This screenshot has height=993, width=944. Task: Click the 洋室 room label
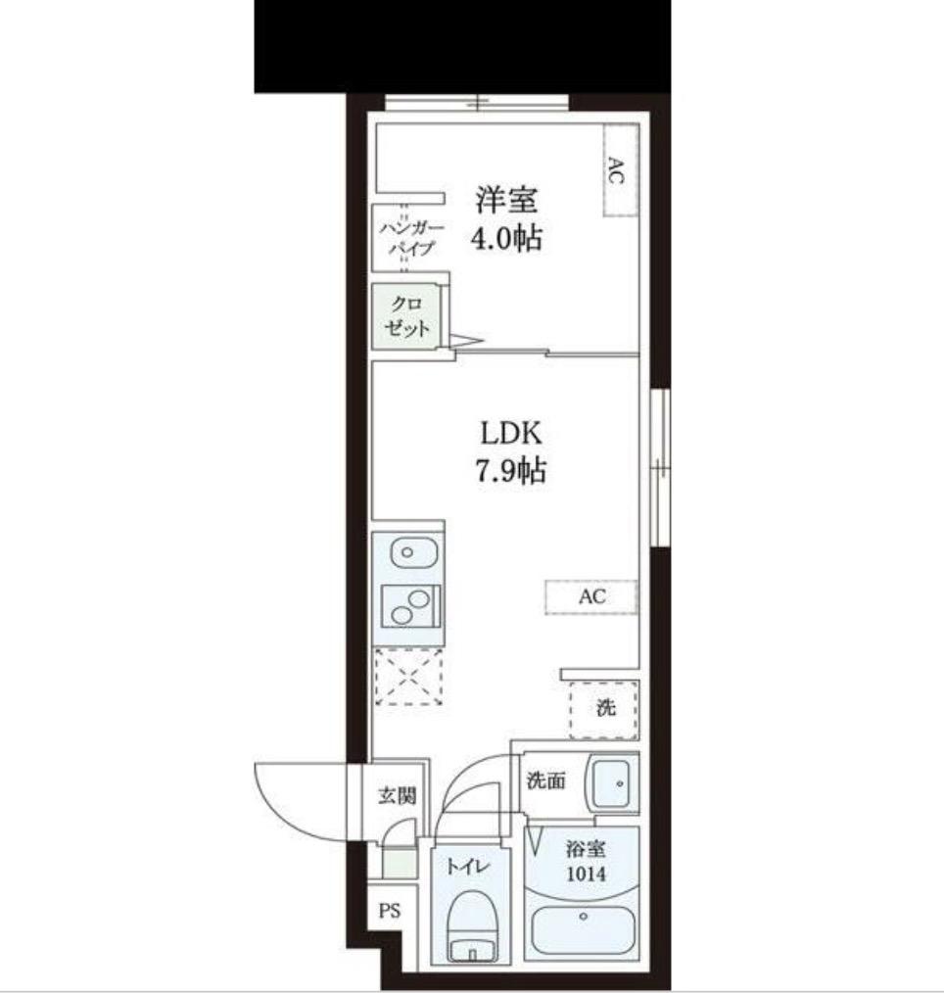pyautogui.click(x=506, y=200)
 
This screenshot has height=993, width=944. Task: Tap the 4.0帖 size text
pyautogui.click(x=506, y=239)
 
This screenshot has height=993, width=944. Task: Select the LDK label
pyautogui.click(x=511, y=434)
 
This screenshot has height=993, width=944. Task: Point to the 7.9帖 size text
pyautogui.click(x=511, y=470)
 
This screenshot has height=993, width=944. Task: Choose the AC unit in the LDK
pyautogui.click(x=591, y=596)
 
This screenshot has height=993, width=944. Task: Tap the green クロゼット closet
pyautogui.click(x=405, y=316)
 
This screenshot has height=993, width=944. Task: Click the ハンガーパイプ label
pyautogui.click(x=411, y=238)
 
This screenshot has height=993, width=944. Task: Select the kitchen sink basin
pyautogui.click(x=413, y=553)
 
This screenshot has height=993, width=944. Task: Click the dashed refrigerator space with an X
pyautogui.click(x=409, y=677)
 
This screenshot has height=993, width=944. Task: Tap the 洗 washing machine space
pyautogui.click(x=603, y=709)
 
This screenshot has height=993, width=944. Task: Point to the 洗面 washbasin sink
pyautogui.click(x=608, y=783)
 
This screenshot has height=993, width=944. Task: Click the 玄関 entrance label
pyautogui.click(x=398, y=795)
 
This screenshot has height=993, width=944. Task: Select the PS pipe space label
pyautogui.click(x=390, y=911)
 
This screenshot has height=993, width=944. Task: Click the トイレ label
pyautogui.click(x=468, y=867)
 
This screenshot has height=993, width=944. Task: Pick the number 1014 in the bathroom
pyautogui.click(x=586, y=875)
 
